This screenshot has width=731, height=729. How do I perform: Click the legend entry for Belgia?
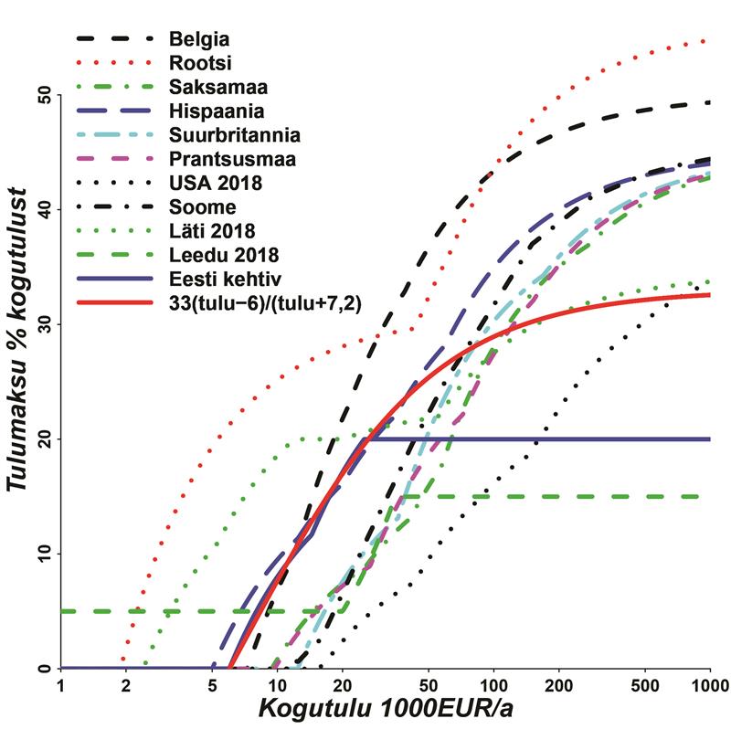pyautogui.click(x=198, y=40)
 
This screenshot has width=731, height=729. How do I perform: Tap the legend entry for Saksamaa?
pyautogui.click(x=212, y=88)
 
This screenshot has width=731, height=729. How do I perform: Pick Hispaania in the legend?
pyautogui.click(x=217, y=112)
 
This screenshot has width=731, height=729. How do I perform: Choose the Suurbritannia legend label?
pyautogui.click(x=234, y=136)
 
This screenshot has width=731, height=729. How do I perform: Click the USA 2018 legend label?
pyautogui.click(x=216, y=184)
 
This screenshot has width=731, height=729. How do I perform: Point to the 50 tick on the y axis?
pyautogui.click(x=42, y=95)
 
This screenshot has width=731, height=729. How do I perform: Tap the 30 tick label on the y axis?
pyautogui.click(x=42, y=324)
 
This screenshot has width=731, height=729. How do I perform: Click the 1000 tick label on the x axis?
pyautogui.click(x=709, y=685)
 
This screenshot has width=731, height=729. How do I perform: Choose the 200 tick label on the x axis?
pyautogui.click(x=558, y=685)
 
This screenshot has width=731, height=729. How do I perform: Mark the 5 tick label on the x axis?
pyautogui.click(x=212, y=685)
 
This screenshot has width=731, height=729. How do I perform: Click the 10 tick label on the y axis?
pyautogui.click(x=42, y=554)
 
